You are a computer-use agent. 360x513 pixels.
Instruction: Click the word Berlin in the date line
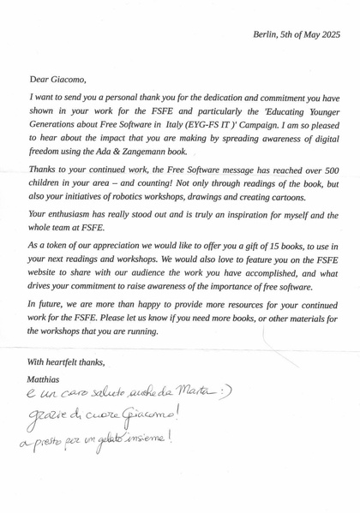[x=265, y=34]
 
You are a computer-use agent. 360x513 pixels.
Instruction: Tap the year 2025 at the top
[x=328, y=34]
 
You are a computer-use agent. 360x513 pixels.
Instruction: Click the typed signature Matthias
[x=45, y=379]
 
